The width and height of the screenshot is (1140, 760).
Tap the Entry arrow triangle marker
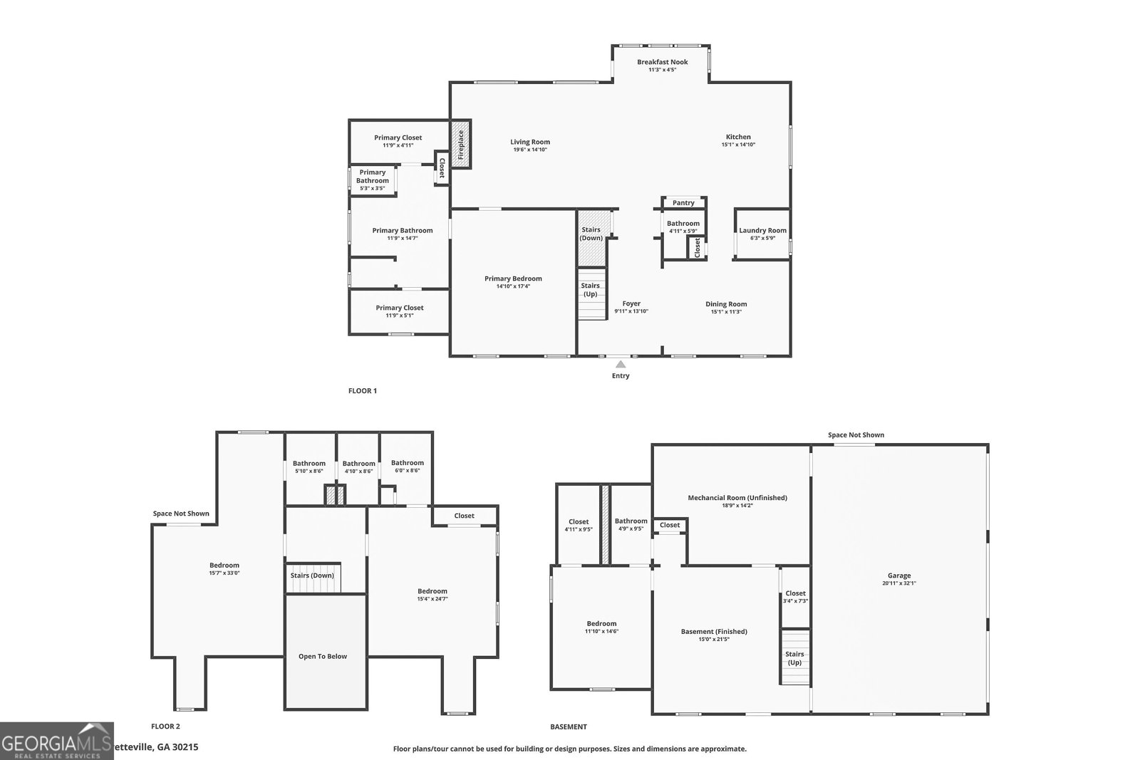pos(621,364)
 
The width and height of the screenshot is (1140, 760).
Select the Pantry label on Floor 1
pos(683,203)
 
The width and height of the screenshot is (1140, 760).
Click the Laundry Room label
pos(762,230)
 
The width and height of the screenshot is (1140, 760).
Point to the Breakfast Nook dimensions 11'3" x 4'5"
pos(662,70)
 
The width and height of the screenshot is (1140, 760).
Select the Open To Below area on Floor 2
pos(323,655)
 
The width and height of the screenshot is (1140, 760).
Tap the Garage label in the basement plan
pos(899,576)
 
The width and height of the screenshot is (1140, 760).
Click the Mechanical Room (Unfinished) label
pos(737,498)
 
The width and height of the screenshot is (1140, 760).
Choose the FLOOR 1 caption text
pos(362,391)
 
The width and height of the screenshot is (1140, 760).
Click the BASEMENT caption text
pos(569,727)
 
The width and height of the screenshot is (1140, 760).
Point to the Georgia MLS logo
pos(57,741)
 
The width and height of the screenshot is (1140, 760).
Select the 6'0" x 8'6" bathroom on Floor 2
pos(407,466)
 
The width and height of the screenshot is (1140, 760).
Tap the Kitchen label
pos(738,137)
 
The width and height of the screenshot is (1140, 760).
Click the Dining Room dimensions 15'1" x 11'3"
pos(726,312)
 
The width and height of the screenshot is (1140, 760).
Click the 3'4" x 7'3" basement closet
pos(795,597)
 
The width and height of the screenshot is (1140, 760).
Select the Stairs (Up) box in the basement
pos(794,658)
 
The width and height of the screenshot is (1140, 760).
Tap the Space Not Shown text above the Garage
pos(856,434)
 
